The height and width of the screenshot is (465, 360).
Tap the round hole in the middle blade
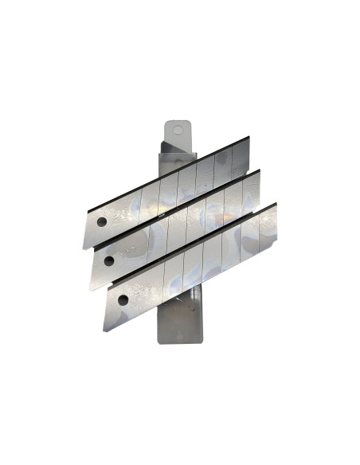pos(109,261)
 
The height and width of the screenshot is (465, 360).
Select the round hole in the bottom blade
pos(123,299)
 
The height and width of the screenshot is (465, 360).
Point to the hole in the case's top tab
pos(178,127)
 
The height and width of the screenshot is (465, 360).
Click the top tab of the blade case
pos(178,131)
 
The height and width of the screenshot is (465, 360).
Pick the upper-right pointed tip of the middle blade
pos(260,169)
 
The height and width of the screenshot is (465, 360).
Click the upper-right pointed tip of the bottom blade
pos(276,203)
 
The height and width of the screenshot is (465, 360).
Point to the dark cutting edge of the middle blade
pos(175,209)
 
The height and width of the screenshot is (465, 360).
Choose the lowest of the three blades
pos(191,267)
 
